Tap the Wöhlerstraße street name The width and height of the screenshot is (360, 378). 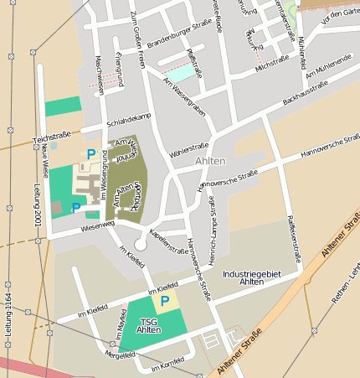point(188,147)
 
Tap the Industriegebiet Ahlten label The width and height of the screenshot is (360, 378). point(252,277)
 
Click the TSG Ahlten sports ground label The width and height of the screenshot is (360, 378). point(149,326)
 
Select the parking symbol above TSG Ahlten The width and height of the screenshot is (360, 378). point(165,301)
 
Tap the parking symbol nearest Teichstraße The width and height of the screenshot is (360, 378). point(90,153)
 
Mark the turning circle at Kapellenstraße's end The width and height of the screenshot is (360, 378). point(140,244)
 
